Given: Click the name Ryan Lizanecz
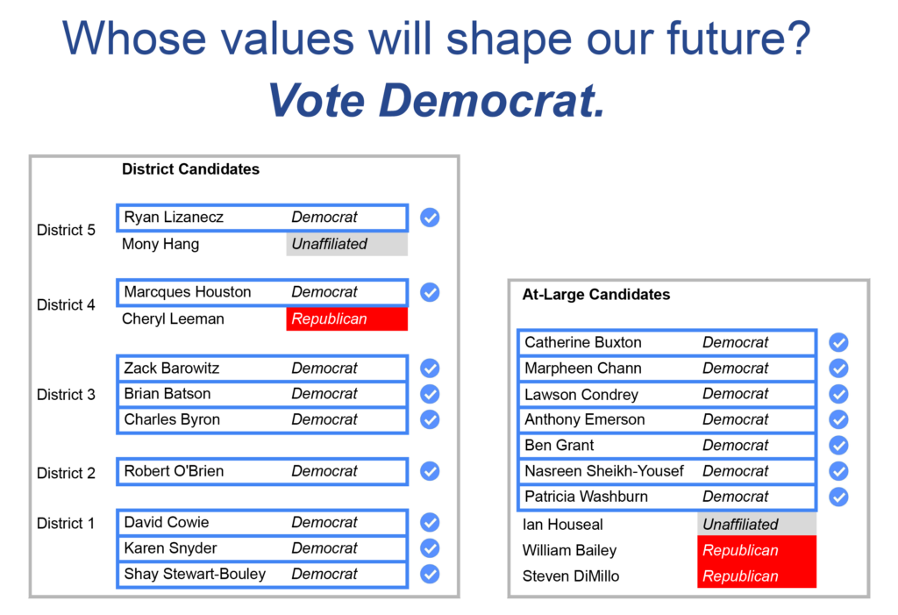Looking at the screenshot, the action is tap(174, 218).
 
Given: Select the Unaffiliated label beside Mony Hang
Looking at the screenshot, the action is tap(330, 244).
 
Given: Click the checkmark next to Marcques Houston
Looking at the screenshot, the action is tap(430, 292).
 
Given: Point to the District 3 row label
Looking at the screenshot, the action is tap(66, 394).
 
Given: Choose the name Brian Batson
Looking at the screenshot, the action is tap(167, 394).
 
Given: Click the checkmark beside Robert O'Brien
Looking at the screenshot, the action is tap(430, 471).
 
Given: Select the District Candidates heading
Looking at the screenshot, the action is tap(190, 169).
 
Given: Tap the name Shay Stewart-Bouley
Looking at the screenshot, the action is tap(195, 574).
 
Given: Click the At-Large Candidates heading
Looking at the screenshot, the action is tap(596, 295).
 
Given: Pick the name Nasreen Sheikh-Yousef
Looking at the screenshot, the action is tap(604, 471).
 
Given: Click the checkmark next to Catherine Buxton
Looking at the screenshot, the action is tap(838, 343).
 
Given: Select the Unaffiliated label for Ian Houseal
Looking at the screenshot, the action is tap(740, 525).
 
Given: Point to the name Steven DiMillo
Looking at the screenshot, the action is tap(570, 576).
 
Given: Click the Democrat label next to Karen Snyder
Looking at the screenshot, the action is tap(324, 548).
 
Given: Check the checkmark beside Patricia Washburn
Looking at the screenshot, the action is tap(838, 497).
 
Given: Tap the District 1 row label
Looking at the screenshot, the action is tap(65, 523).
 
